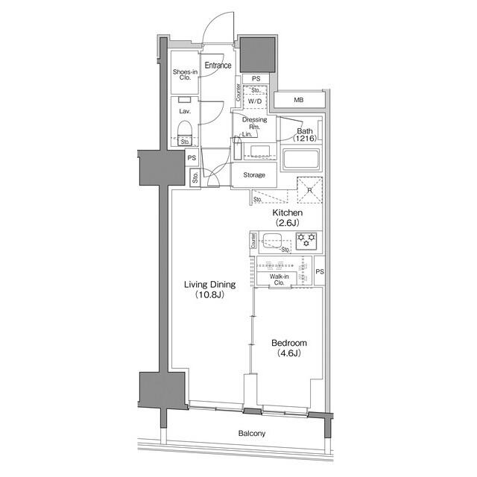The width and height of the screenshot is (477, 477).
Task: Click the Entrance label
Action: click(x=218, y=66)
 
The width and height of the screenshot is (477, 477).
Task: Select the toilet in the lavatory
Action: click(x=186, y=132)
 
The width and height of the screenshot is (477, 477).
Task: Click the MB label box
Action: click(x=298, y=100)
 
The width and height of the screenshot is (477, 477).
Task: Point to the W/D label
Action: click(x=254, y=101)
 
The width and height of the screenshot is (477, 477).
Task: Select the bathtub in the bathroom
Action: click(x=301, y=159)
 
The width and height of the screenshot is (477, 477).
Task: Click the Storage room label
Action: click(x=254, y=175)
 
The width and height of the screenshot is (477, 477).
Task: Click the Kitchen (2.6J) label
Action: click(x=287, y=217)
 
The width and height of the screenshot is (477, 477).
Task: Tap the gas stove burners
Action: click(x=306, y=241)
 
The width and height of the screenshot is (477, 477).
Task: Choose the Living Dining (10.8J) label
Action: click(x=210, y=289)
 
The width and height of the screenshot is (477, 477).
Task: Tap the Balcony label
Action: click(x=252, y=434)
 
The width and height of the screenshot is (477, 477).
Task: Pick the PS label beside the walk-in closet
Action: click(x=320, y=271)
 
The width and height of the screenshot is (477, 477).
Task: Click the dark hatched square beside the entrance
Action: click(x=256, y=54)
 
